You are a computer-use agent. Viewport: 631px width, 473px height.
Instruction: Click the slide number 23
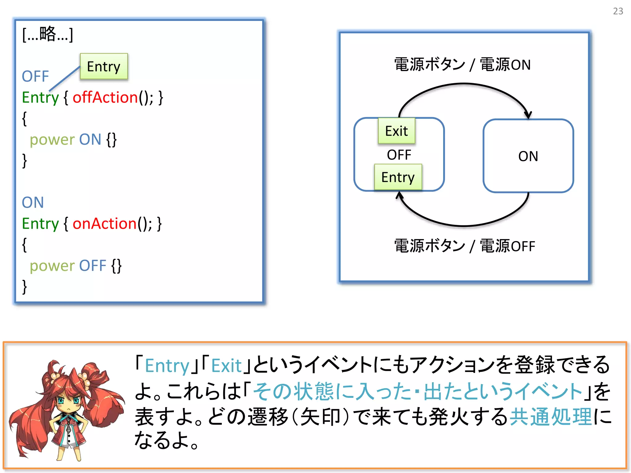click(x=618, y=11)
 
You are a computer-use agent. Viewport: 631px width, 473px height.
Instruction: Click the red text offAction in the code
click(x=105, y=98)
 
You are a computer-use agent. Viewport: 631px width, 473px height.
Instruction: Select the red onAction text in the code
click(x=104, y=224)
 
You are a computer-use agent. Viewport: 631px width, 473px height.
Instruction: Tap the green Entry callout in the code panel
click(x=104, y=67)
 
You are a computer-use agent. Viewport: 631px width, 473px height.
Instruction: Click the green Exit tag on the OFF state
click(x=397, y=131)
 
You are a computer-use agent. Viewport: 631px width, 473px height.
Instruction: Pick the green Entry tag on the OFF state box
click(x=398, y=177)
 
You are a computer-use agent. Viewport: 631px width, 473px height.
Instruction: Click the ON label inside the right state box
click(x=528, y=156)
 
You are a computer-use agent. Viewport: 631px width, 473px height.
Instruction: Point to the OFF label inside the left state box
click(x=399, y=155)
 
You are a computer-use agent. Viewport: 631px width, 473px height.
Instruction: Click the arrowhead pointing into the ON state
click(x=528, y=115)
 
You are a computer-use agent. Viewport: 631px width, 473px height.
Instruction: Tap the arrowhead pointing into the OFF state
click(x=400, y=195)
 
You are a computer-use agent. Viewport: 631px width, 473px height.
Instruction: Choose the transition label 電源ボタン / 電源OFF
click(x=465, y=246)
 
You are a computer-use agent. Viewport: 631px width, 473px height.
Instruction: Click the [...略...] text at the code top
click(x=48, y=34)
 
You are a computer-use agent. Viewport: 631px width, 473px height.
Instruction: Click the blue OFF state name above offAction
click(x=35, y=76)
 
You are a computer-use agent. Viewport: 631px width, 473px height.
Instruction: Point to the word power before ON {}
click(x=52, y=140)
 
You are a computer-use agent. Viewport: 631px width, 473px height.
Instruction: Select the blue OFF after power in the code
click(x=92, y=266)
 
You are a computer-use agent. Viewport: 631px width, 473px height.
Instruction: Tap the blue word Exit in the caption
click(x=226, y=366)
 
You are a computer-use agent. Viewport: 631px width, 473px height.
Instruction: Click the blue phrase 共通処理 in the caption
click(x=551, y=417)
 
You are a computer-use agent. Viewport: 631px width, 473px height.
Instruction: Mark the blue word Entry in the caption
click(x=167, y=366)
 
